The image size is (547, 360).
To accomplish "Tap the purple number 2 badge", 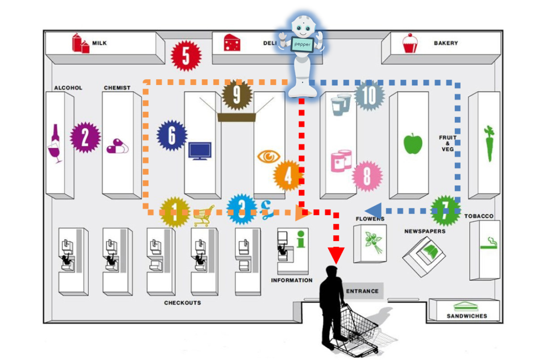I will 85,138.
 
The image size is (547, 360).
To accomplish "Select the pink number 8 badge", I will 367,176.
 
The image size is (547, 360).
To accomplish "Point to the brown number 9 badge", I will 237,95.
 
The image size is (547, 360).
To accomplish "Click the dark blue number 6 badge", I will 172,136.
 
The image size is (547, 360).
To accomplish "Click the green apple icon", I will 413,144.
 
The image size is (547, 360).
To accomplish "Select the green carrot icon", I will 488,144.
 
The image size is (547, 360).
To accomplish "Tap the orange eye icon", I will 269,156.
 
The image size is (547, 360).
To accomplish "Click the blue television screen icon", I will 200,151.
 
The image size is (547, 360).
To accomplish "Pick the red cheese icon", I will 232,43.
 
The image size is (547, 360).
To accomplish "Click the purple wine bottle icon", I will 55,144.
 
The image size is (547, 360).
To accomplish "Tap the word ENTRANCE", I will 362,291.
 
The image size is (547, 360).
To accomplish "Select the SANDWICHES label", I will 466,316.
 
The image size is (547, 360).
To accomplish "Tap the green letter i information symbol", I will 301,239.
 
